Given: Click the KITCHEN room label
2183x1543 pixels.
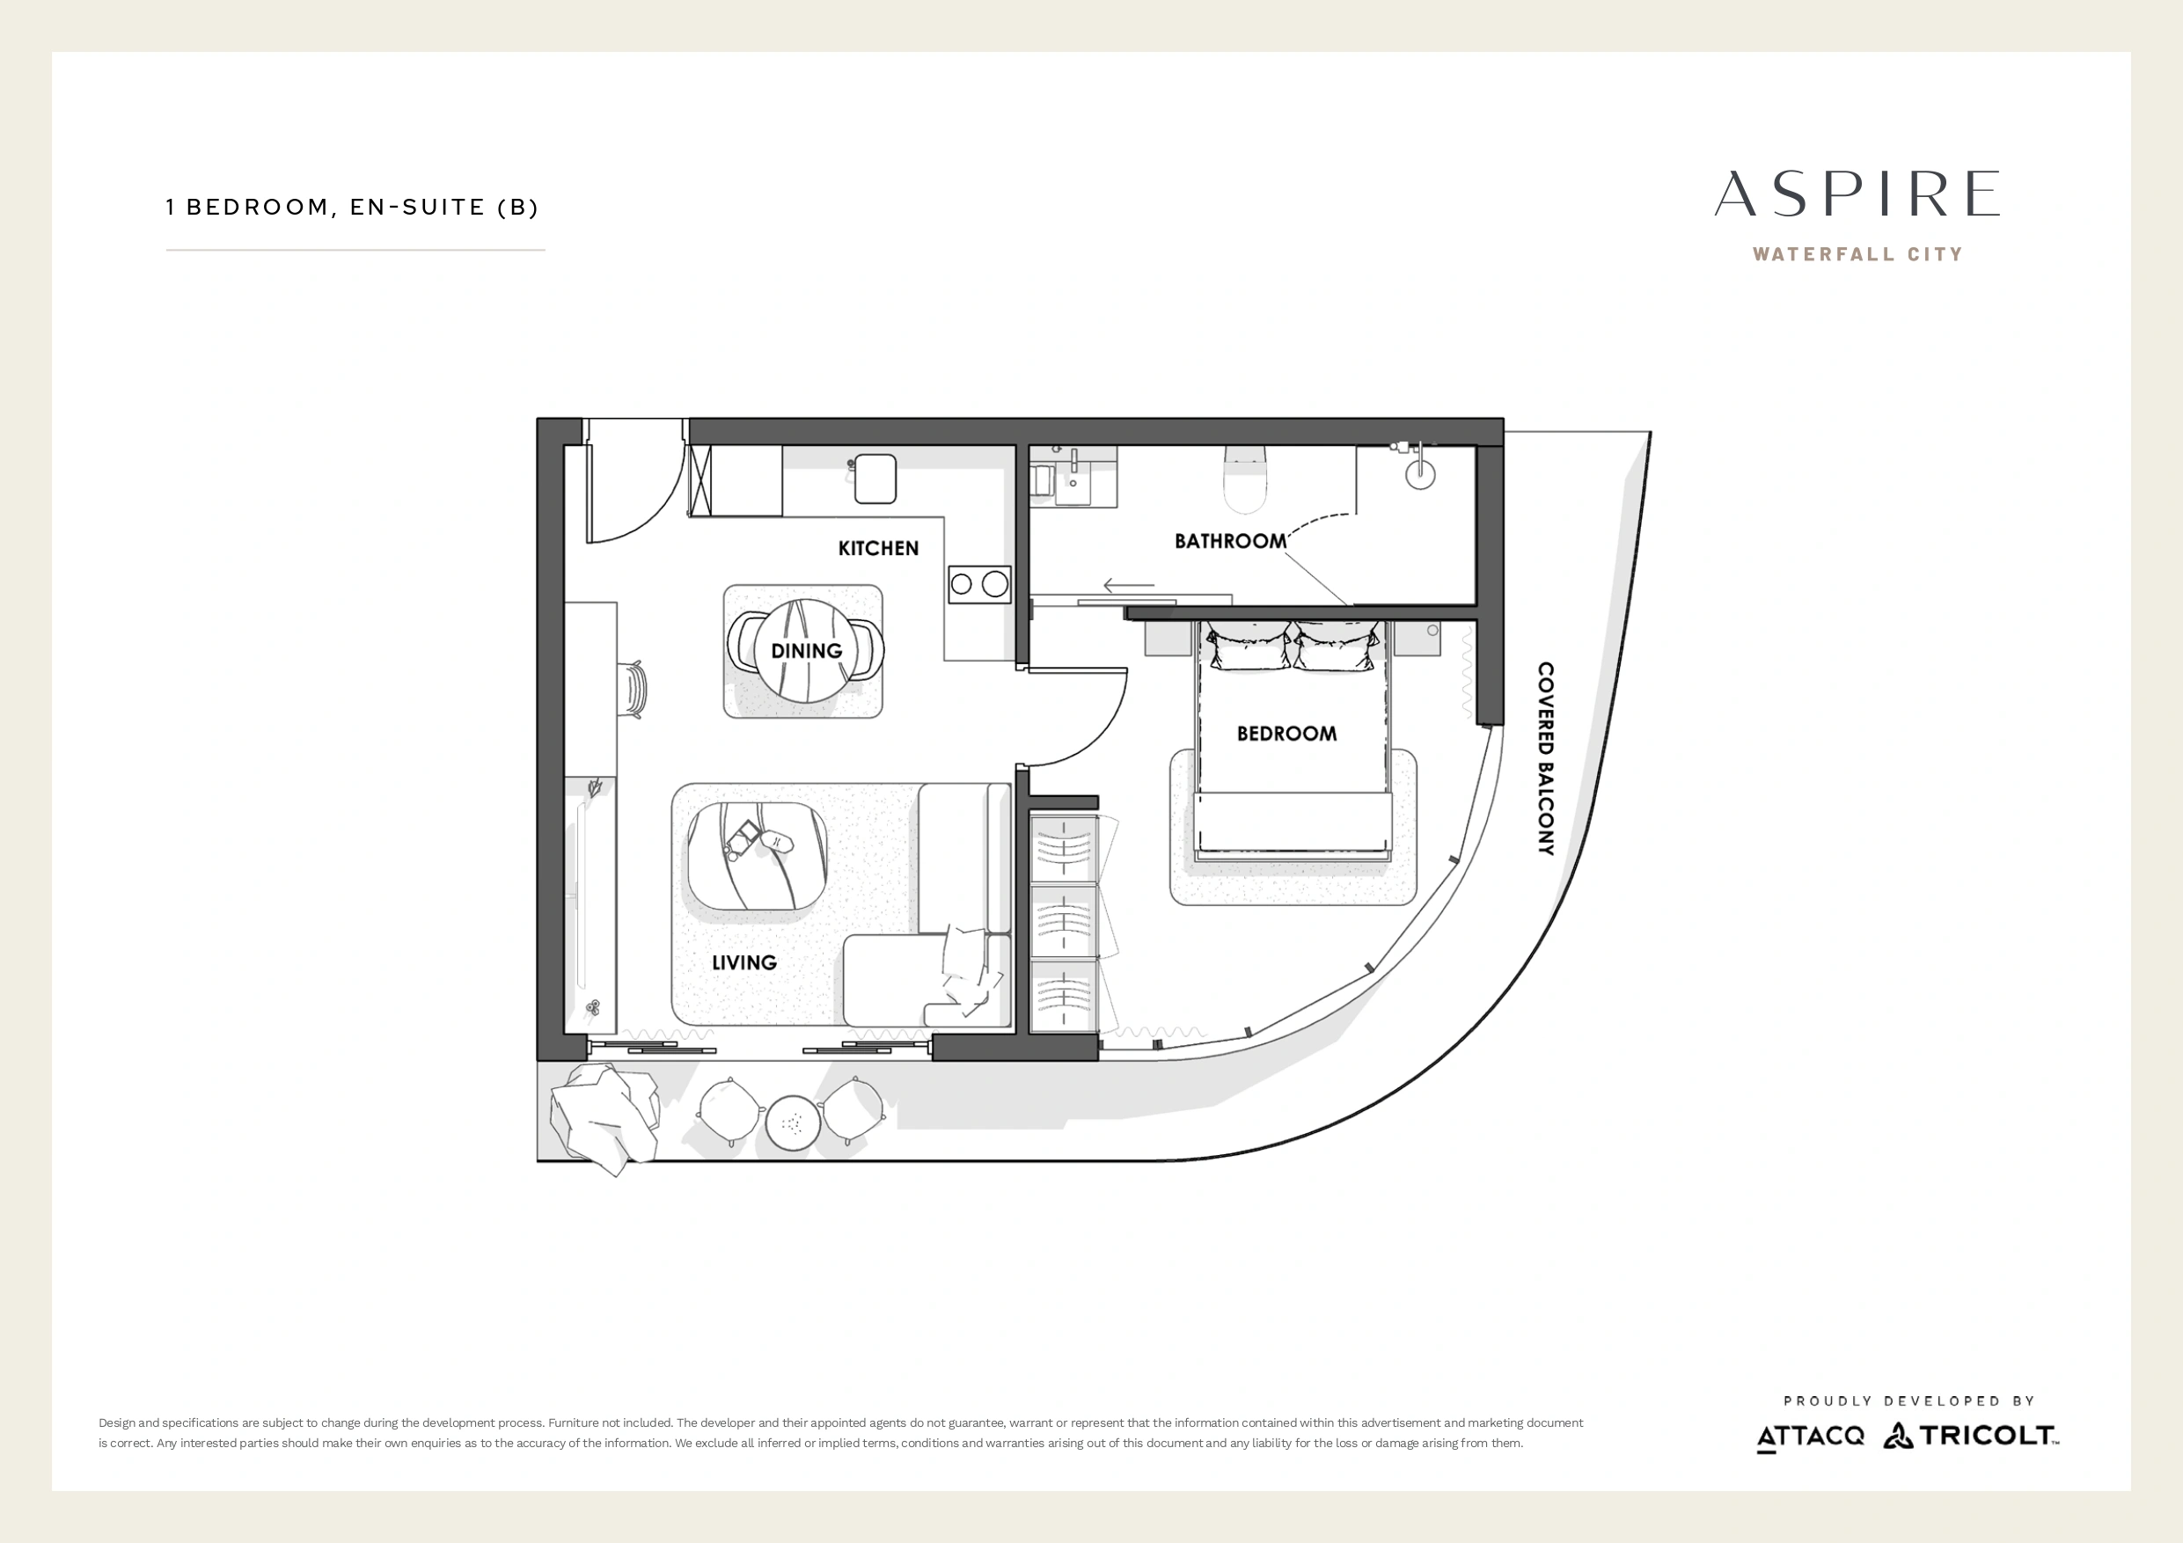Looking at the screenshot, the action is pos(877,549).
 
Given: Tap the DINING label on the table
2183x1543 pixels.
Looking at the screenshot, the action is pos(806,651).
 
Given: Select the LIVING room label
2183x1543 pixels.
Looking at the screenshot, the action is pos(744,962).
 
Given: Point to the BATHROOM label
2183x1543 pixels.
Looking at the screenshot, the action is pos(1230,541).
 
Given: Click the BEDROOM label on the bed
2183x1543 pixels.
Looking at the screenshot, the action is pos(1286,734).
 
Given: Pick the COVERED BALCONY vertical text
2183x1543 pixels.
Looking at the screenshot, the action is pos(1546,758).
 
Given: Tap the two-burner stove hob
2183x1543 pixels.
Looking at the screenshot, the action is pos(979,584).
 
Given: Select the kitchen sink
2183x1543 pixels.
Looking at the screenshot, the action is pos(875,479).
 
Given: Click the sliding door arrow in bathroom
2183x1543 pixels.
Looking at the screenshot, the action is pos(1129,585).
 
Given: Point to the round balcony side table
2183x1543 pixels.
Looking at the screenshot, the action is pos(791,1123).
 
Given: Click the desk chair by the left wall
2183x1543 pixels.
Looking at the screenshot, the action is pos(634,688).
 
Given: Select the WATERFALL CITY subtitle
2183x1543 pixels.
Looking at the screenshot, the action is pos(1857,255).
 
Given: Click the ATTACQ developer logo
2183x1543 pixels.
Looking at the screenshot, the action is pos(1810,1437).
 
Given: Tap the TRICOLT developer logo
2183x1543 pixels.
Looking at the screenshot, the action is pos(1971,1436).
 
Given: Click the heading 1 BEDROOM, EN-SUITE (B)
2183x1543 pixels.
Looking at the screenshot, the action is pos(352,208).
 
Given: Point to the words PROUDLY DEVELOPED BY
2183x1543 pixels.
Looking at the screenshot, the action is pos(1909,1401).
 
